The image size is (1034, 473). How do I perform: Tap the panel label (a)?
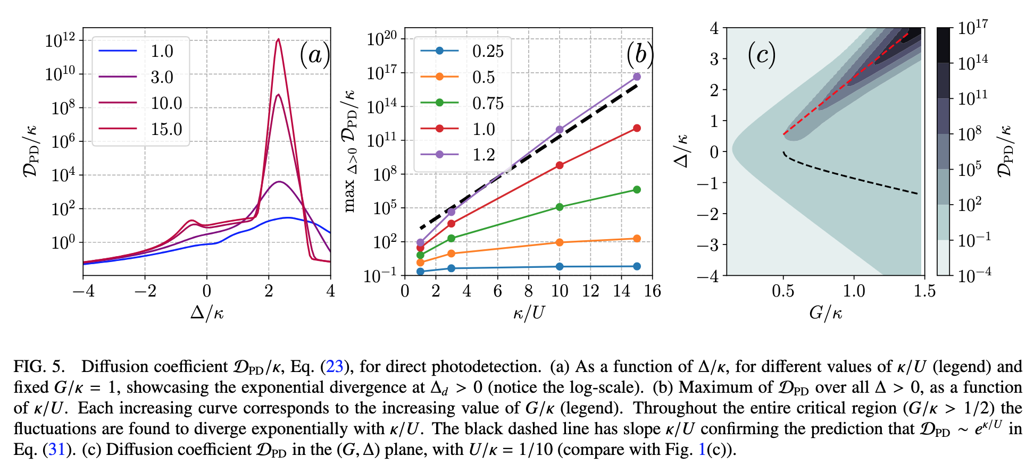click(x=314, y=55)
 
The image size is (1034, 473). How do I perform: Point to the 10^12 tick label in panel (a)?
click(x=60, y=40)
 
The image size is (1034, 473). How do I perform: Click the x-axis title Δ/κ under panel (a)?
click(x=207, y=312)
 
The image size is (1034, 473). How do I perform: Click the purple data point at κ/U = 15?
click(x=637, y=77)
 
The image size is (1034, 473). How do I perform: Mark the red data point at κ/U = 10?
click(x=560, y=165)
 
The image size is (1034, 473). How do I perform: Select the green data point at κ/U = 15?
click(x=637, y=190)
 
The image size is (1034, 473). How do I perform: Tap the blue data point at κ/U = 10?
click(x=560, y=267)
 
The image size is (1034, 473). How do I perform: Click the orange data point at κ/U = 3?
click(x=451, y=254)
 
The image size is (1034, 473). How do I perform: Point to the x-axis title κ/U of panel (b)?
click(x=529, y=312)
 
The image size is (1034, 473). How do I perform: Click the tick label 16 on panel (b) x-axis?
click(x=652, y=291)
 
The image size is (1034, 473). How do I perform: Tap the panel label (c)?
click(x=762, y=55)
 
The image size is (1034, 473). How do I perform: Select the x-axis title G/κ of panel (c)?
click(x=825, y=312)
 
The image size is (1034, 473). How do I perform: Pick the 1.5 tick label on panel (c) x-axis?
click(x=924, y=291)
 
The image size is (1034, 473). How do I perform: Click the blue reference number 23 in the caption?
click(x=335, y=367)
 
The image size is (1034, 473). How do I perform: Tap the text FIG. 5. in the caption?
click(x=39, y=367)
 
